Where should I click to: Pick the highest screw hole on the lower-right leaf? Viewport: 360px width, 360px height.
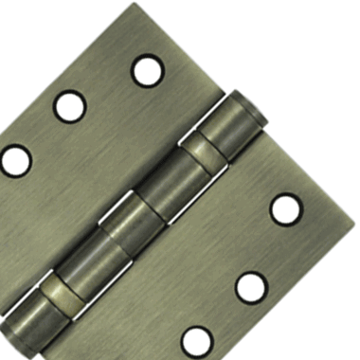click(x=285, y=208)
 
